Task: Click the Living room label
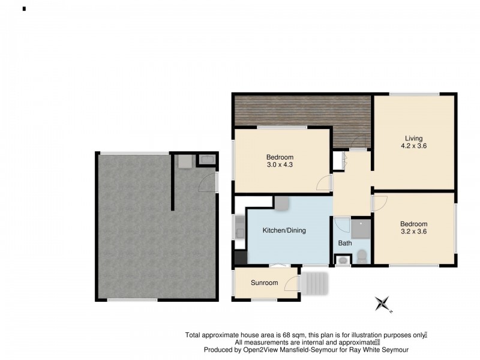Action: pos(413,139)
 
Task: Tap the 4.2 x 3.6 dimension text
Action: pos(413,146)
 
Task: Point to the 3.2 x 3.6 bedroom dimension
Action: pos(414,232)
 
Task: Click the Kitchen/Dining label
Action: pos(284,230)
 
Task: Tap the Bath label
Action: pos(345,244)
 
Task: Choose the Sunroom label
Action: pos(264,283)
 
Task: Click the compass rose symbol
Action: pos(382,304)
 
